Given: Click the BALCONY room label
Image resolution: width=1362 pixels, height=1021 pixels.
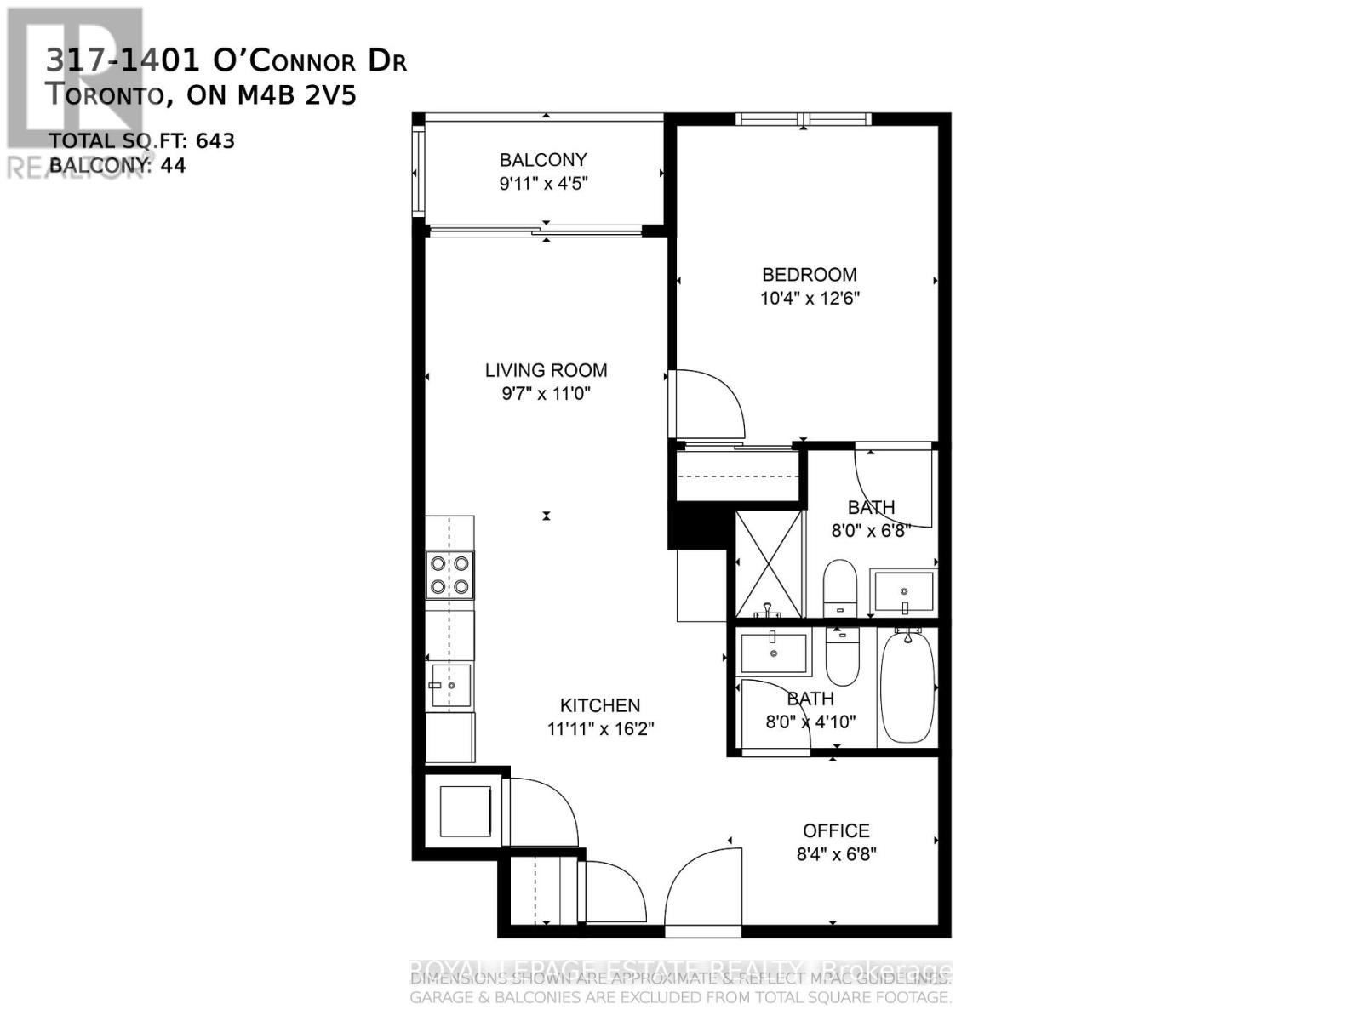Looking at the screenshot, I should (543, 160).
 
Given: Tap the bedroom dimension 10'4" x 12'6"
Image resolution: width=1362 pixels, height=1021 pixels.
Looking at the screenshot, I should (810, 299).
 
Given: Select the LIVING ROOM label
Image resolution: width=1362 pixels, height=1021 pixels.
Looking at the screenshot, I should (546, 370).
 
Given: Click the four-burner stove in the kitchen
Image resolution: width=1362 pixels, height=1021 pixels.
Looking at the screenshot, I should (449, 575).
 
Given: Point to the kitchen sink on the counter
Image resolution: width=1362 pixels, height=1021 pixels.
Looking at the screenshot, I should (450, 685).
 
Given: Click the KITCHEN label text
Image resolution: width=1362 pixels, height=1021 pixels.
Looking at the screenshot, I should (599, 705).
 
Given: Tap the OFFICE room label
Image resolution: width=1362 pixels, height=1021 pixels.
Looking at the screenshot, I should (836, 830).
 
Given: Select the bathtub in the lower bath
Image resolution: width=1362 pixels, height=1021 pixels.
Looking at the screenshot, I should (907, 687).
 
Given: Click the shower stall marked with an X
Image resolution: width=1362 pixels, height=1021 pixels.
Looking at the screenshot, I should (769, 563).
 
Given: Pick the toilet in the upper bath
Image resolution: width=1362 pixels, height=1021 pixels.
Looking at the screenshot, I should (840, 587).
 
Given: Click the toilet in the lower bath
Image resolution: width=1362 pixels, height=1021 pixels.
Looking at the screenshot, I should (843, 656).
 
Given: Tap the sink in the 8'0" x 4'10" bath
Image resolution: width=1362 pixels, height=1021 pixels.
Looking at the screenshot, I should (774, 653).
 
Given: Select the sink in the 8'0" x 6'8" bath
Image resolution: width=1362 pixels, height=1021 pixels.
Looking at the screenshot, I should (903, 591).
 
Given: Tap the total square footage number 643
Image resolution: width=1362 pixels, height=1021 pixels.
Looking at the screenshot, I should (215, 141).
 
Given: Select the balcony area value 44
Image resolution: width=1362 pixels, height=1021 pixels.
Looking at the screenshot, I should (173, 165).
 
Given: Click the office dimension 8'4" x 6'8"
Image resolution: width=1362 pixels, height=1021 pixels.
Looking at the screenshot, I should (836, 854).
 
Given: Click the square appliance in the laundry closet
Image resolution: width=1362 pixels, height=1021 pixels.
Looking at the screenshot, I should (465, 812).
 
